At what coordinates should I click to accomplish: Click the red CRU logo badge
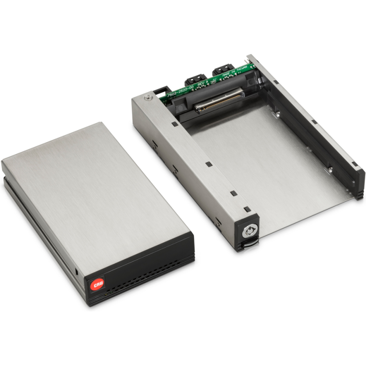click(97, 285)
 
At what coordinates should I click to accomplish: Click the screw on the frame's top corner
click(147, 97)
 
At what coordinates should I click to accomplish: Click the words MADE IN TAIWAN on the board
click(235, 71)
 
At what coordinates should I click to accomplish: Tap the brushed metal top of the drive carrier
click(96, 188)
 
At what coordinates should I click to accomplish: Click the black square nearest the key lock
click(248, 209)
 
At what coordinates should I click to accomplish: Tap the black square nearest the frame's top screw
click(175, 124)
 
